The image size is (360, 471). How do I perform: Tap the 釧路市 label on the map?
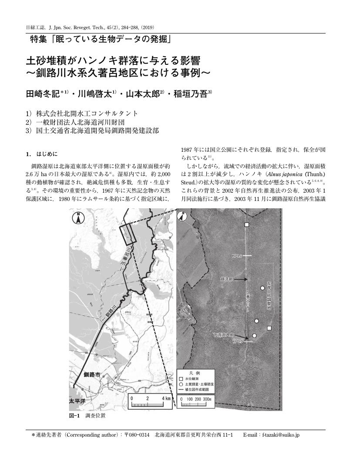point(92,374)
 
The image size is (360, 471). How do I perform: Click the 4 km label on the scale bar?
point(166,398)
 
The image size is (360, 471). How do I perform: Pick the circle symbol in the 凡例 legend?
point(181,384)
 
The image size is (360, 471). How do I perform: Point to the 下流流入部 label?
point(223,335)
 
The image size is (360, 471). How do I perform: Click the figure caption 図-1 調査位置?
point(87,415)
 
